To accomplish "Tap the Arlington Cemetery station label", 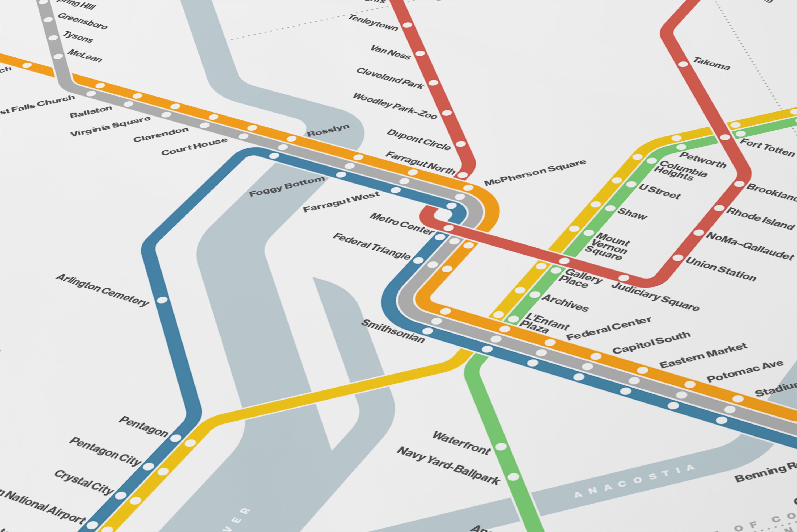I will (x=102, y=290).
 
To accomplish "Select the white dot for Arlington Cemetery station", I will (x=162, y=300).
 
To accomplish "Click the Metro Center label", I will (x=401, y=224).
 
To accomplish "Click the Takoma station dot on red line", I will (x=683, y=64).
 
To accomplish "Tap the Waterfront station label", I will (x=461, y=443).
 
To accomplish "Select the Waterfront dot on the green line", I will (x=501, y=447).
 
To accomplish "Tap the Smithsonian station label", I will (x=393, y=331).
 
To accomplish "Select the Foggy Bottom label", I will (x=287, y=187).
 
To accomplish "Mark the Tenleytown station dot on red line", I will (x=407, y=25).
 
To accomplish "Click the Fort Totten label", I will (x=766, y=147).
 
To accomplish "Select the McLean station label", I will (x=84, y=56).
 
